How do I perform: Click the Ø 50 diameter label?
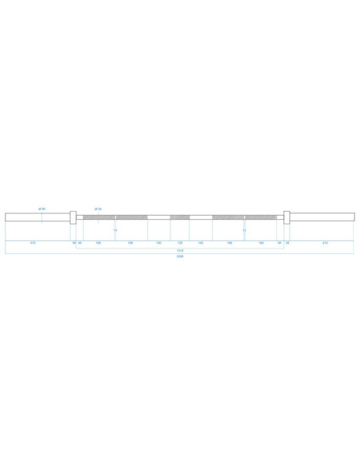[41, 209]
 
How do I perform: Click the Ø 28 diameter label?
[97, 209]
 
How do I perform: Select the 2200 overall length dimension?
[180, 256]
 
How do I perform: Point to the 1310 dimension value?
[180, 249]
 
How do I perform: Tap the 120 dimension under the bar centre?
[180, 242]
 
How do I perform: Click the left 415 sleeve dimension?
[33, 242]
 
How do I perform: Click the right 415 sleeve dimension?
[324, 242]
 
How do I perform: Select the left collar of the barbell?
[73, 217]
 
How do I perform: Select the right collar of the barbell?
[288, 217]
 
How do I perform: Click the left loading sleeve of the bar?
[37, 217]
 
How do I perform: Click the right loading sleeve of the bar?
[322, 217]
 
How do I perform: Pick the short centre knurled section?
[180, 217]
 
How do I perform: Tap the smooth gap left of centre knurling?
[158, 217]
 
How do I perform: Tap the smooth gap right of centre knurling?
[201, 217]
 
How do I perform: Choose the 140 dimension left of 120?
[159, 242]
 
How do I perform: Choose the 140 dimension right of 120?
[201, 242]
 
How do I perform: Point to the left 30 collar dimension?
[74, 242]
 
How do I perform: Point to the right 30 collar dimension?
[288, 242]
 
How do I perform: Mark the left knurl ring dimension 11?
[116, 231]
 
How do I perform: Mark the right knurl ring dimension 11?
[244, 231]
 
